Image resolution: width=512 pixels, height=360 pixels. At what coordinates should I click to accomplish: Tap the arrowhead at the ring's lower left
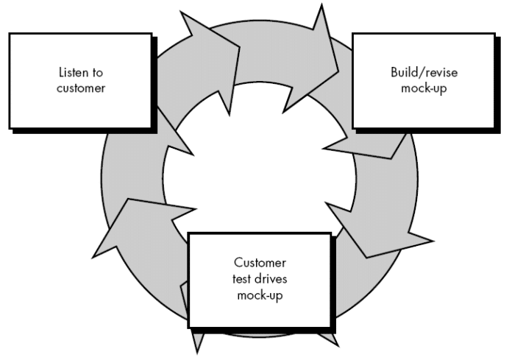pos(125,228)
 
